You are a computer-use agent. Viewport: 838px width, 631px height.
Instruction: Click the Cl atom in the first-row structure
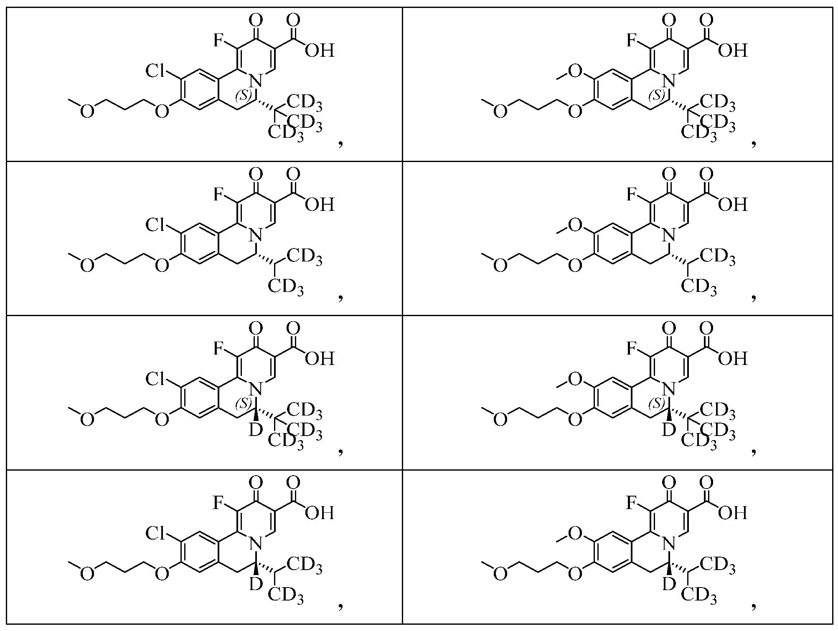[156, 71]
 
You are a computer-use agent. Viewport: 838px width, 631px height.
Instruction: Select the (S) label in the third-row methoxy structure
[656, 404]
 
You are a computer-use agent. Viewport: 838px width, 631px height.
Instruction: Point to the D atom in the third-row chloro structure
[255, 430]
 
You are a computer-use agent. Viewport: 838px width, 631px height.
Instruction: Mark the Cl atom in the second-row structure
[156, 226]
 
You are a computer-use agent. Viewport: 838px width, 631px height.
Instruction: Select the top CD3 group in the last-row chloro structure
[304, 564]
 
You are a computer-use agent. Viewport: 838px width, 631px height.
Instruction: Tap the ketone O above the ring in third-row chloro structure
[255, 328]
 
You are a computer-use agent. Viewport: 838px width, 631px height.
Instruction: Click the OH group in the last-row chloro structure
[320, 513]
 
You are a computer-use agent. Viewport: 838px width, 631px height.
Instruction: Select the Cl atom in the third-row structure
[156, 379]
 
